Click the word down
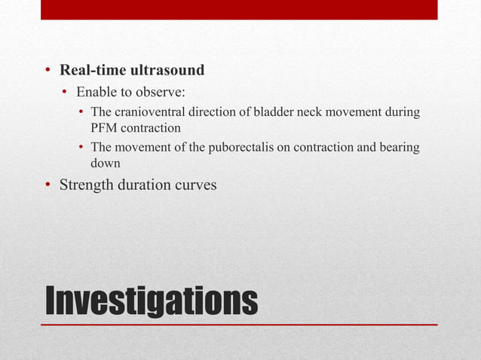105,161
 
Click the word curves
197,184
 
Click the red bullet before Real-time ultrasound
47,72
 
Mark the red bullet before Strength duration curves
47,185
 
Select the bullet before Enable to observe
66,93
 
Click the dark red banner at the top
238,9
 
